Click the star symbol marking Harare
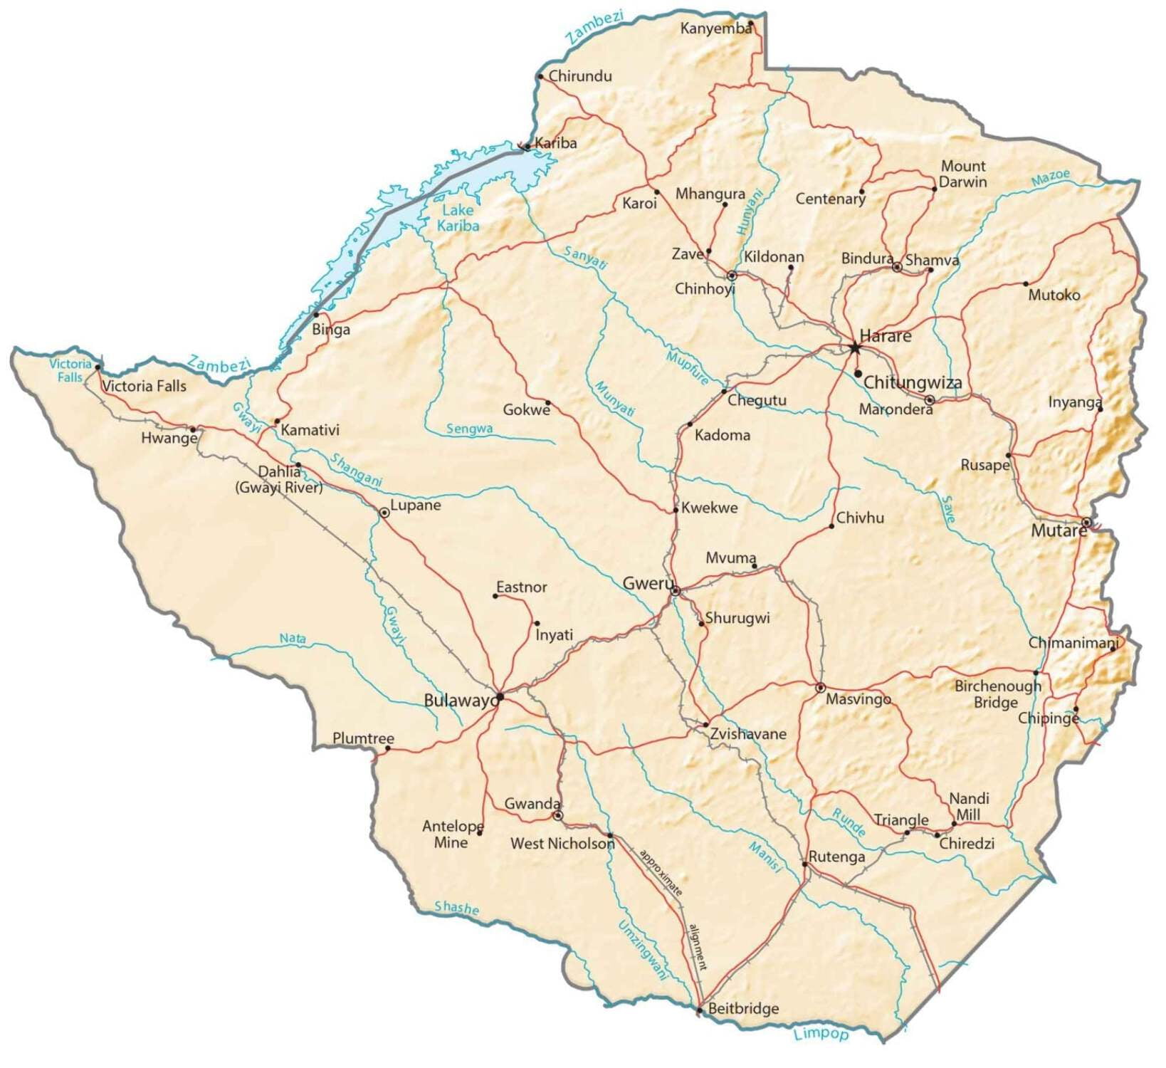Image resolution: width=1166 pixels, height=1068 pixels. [854, 348]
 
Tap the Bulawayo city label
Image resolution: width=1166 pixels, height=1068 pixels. [461, 701]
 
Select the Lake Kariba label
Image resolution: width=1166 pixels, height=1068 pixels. [458, 218]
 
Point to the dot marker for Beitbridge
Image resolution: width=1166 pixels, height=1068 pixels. [699, 1010]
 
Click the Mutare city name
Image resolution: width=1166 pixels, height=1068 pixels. [1058, 530]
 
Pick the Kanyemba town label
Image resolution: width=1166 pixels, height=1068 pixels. [715, 28]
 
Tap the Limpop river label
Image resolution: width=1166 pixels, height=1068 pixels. [821, 1034]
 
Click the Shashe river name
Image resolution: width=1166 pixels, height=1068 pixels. [456, 908]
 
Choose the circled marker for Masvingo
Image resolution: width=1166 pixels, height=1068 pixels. [820, 688]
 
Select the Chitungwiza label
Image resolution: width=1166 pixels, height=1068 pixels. [913, 383]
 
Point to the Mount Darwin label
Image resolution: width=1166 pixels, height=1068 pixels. [962, 174]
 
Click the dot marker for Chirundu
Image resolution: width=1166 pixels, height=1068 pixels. [540, 77]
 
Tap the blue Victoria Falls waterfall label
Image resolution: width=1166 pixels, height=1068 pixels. [70, 370]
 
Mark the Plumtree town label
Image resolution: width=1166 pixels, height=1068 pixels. [363, 738]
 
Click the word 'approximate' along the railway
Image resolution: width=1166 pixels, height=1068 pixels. [661, 872]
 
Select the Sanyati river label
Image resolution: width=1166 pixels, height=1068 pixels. [585, 257]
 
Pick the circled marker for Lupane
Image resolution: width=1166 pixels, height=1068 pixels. [384, 512]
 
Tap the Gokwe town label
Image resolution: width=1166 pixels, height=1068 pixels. [526, 410]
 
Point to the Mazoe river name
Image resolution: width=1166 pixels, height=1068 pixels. [1050, 178]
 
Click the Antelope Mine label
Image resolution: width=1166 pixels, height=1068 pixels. [452, 834]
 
